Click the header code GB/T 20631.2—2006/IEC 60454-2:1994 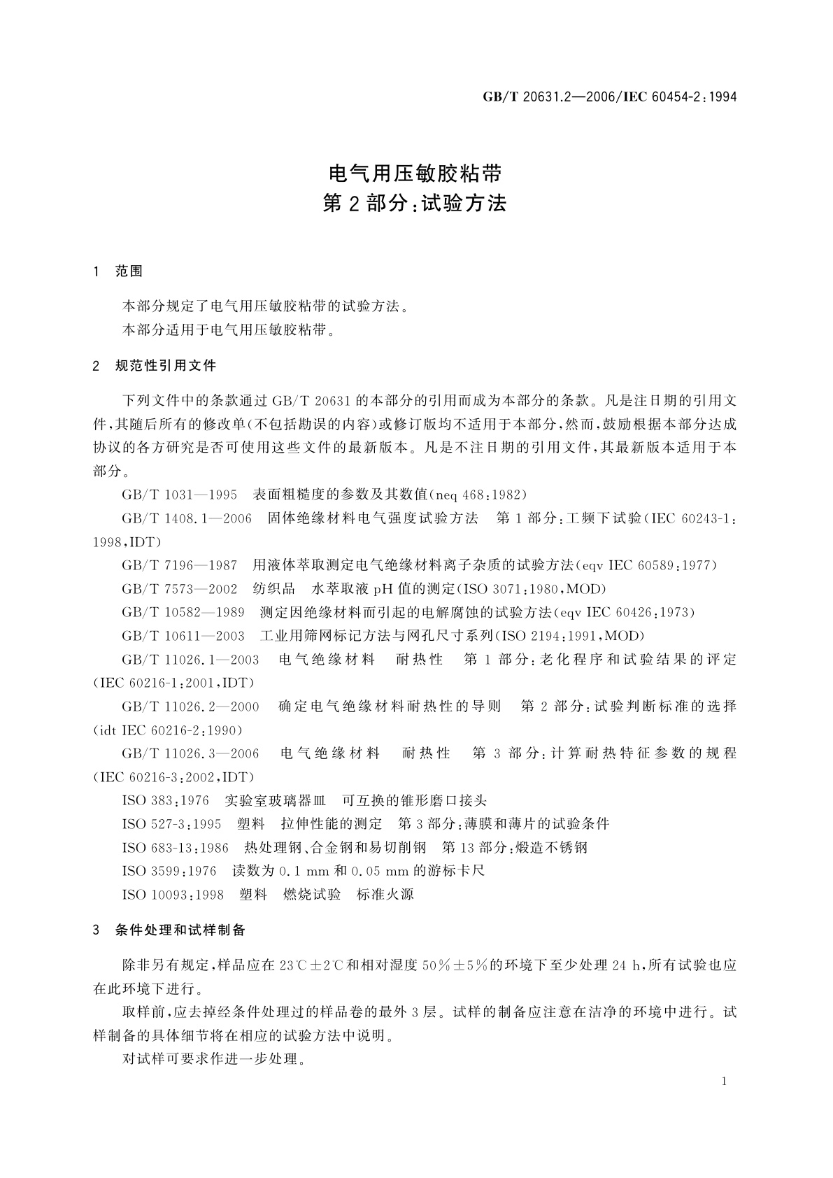click(x=610, y=97)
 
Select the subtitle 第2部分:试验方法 click(x=416, y=204)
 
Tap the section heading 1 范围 click(x=118, y=271)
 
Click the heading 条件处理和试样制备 click(x=180, y=930)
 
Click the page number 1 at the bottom click(x=724, y=1081)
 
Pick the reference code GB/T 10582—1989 click(x=183, y=613)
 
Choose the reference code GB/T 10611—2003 click(x=183, y=636)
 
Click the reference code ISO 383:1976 click(x=165, y=800)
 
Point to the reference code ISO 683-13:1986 click(x=175, y=848)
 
